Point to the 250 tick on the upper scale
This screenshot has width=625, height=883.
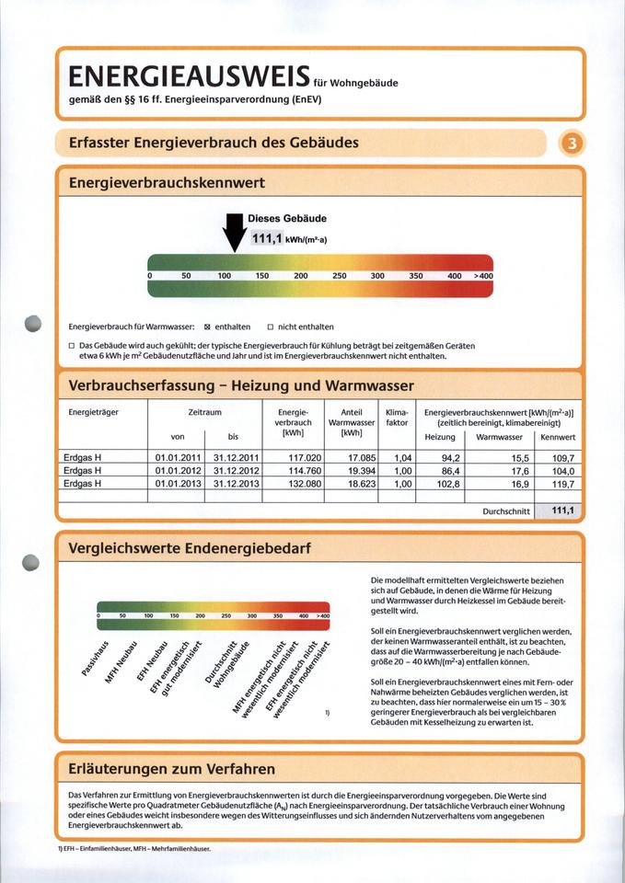[x=339, y=275]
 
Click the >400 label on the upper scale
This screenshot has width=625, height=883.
[x=482, y=275]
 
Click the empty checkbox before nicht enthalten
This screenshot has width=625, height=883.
[x=271, y=327]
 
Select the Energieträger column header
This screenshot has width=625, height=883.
[x=93, y=412]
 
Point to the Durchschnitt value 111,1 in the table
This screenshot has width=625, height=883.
[x=562, y=510]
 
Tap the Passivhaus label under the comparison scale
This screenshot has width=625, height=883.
[x=98, y=659]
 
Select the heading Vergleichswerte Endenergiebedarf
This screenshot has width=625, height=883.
[x=190, y=548]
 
